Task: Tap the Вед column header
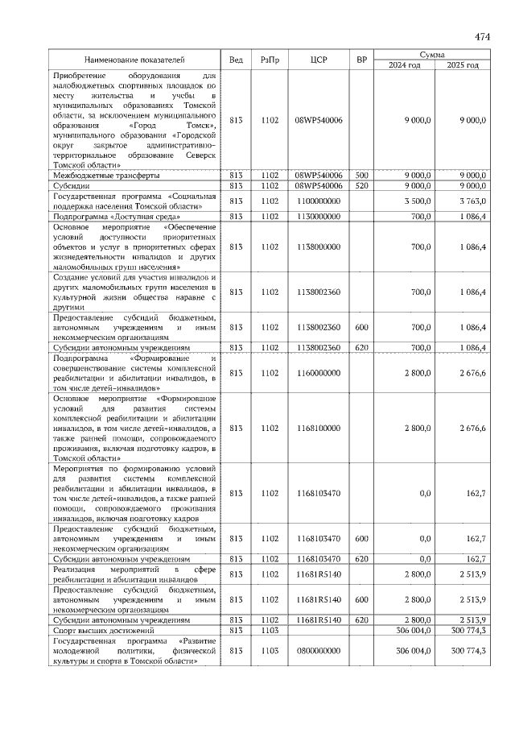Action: coord(236,60)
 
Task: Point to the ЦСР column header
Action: coord(319,60)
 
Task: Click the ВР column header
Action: coord(362,60)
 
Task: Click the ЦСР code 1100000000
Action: coord(319,201)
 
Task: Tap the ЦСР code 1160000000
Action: coord(319,374)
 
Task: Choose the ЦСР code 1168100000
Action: coord(319,428)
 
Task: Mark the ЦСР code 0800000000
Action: coord(319,649)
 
